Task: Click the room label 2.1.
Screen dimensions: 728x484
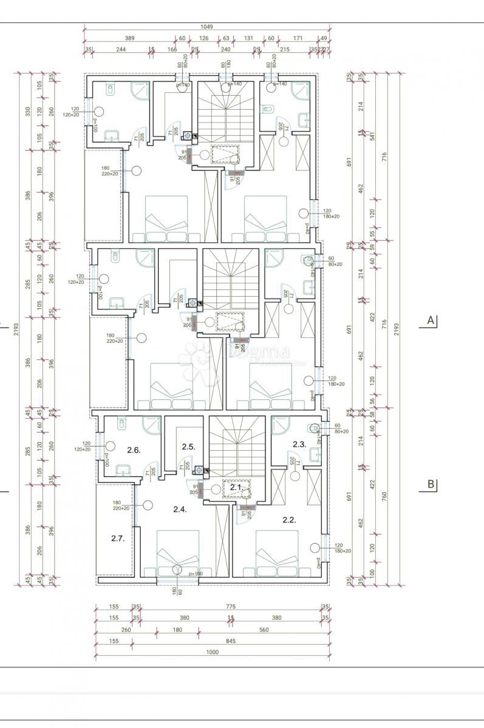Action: [x=236, y=487]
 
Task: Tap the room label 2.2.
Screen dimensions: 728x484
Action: [x=289, y=520]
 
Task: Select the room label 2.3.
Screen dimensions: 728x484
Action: [x=299, y=444]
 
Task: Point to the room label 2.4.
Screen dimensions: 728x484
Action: [x=179, y=510]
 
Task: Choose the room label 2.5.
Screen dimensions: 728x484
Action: [x=188, y=447]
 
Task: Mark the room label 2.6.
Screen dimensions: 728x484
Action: [x=134, y=450]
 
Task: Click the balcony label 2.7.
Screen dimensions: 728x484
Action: [x=118, y=538]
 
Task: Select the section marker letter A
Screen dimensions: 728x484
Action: [x=431, y=320]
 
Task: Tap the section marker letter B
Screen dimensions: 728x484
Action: [x=431, y=484]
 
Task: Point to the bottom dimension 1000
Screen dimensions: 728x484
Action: [x=212, y=652]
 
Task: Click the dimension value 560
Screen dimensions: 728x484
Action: [x=264, y=630]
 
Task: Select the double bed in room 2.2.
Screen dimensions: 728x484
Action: [x=278, y=553]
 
